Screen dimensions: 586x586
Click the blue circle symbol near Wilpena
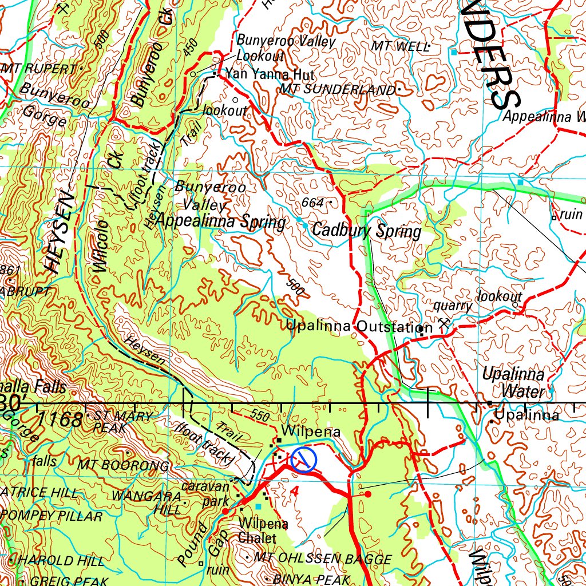point(303,460)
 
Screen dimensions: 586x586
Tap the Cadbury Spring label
point(366,232)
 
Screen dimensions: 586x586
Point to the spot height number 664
point(313,203)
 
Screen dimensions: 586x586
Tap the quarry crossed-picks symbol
point(442,323)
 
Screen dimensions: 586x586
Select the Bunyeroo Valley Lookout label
point(286,48)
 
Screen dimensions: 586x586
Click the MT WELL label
point(399,46)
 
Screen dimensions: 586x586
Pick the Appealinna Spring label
point(221,221)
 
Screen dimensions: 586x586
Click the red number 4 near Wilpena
point(294,492)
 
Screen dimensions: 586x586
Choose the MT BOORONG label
point(124,465)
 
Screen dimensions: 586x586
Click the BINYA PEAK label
point(311,579)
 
